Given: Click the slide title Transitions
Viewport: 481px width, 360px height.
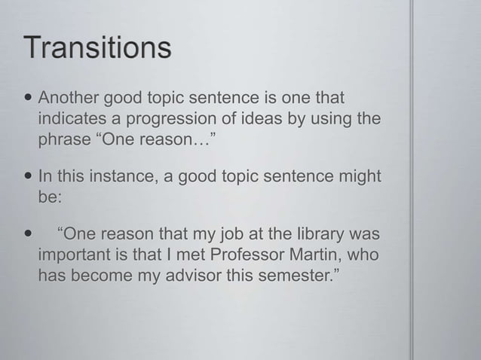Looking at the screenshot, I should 99,49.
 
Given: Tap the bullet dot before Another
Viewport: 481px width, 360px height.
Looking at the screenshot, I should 29,99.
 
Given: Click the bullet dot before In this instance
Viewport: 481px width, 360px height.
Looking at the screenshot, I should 29,177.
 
